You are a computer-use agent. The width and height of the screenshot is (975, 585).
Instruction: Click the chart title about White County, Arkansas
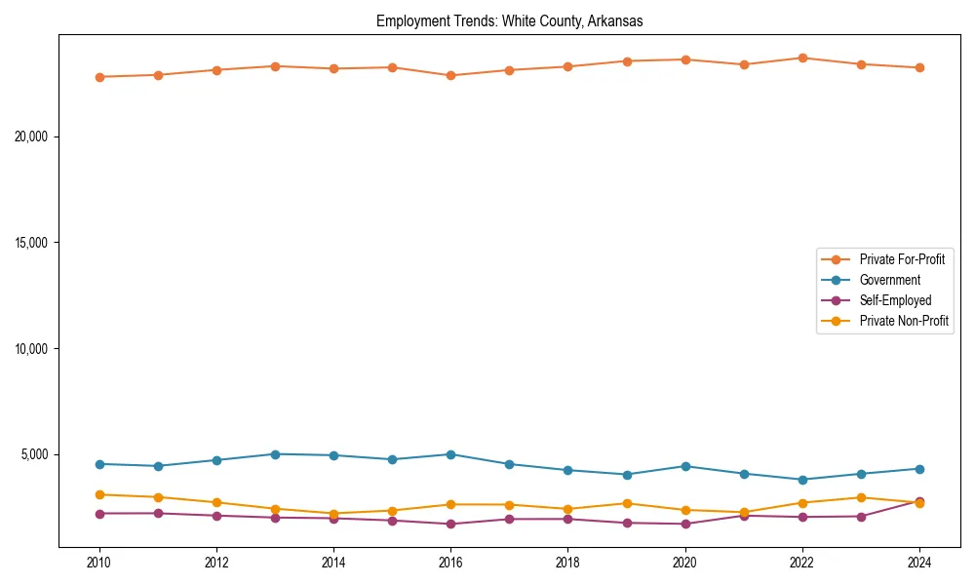(x=509, y=21)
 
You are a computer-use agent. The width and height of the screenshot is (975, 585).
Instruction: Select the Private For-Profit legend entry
(x=901, y=259)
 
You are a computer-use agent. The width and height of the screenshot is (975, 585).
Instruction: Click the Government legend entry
(x=889, y=280)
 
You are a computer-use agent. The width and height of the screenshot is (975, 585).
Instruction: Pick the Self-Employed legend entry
(x=895, y=300)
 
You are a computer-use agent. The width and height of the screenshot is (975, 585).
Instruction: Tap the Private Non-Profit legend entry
(x=904, y=321)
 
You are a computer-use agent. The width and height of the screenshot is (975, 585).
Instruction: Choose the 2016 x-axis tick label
(x=450, y=563)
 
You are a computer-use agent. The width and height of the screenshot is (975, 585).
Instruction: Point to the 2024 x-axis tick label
(x=919, y=563)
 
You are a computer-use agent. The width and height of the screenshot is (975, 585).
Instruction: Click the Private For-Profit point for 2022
(x=802, y=58)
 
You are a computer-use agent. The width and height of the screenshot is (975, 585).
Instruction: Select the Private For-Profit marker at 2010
(x=99, y=77)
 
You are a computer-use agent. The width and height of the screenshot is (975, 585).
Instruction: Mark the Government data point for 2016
(x=450, y=454)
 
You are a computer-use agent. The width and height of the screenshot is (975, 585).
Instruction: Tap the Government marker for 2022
(x=802, y=480)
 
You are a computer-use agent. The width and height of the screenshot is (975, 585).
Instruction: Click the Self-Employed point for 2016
(x=450, y=525)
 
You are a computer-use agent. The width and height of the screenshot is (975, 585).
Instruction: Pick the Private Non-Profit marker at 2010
(x=99, y=494)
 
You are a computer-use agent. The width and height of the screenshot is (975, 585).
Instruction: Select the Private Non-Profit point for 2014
(x=333, y=514)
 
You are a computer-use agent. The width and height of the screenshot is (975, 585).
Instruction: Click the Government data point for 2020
(x=685, y=466)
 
